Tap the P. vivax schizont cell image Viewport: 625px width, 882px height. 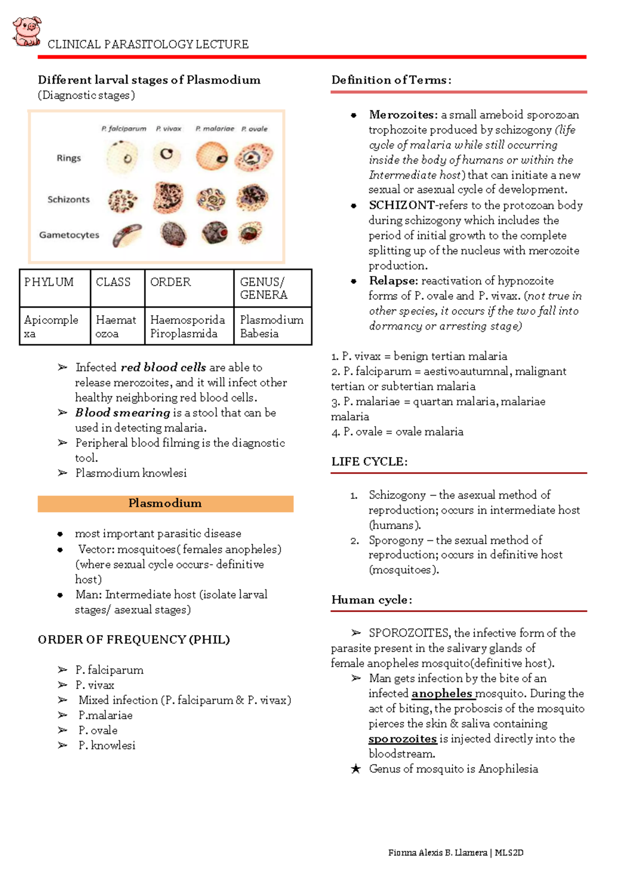pos(168,198)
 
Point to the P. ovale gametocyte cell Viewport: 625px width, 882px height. pos(251,232)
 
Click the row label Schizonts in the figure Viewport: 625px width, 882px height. pos(68,199)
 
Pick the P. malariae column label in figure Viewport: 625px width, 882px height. pos(215,129)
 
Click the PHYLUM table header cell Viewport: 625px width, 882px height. pos(49,282)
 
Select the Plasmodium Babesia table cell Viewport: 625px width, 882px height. pos(271,326)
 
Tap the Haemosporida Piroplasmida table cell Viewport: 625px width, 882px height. pos(187,326)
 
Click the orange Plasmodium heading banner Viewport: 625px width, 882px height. pos(165,503)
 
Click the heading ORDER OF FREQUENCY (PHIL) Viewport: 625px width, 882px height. pos(134,639)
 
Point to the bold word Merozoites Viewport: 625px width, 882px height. pos(403,115)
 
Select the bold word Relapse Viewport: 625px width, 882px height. pos(393,281)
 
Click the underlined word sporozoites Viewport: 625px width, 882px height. pos(403,739)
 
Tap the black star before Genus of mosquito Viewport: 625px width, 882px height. pos(356,769)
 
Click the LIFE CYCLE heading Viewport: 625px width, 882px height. pos(369,462)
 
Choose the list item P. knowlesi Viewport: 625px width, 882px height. pos(107,746)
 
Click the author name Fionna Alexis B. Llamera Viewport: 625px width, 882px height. pos(438,852)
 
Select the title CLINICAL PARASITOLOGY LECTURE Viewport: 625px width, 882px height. pos(148,44)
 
